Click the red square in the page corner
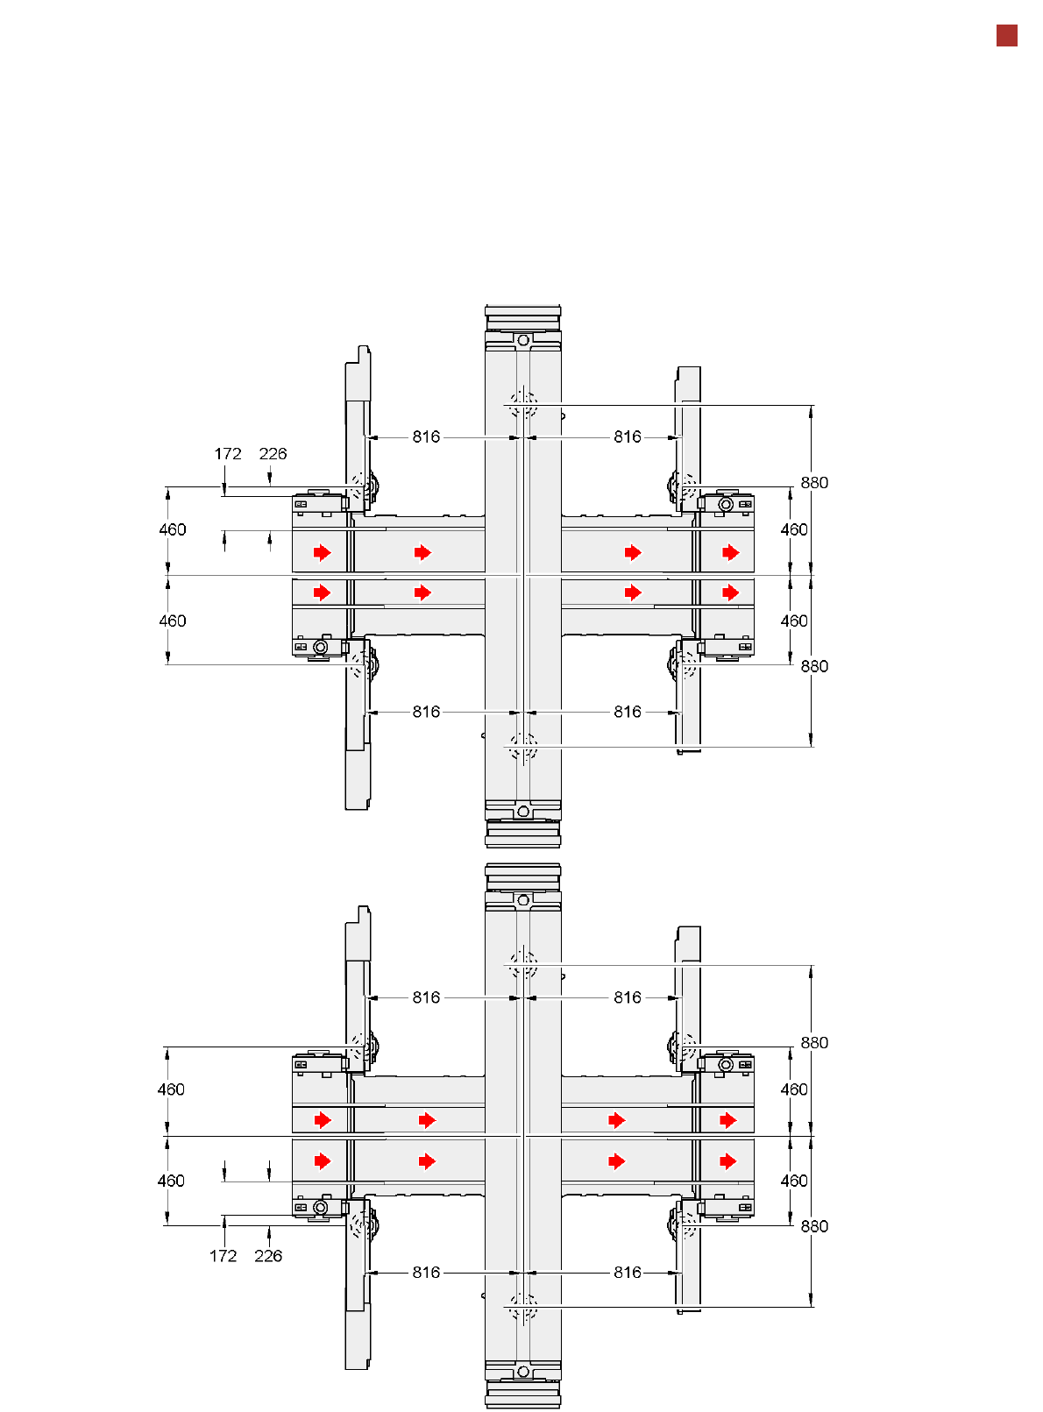[1006, 36]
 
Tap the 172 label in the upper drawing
[227, 454]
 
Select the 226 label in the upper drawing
[273, 454]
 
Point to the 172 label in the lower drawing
[223, 1255]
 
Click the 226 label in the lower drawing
[268, 1255]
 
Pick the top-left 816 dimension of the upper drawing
[426, 436]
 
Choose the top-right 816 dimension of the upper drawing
[628, 436]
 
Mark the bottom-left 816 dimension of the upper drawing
[426, 712]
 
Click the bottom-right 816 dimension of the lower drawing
[628, 1272]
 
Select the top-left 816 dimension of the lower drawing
[426, 997]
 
